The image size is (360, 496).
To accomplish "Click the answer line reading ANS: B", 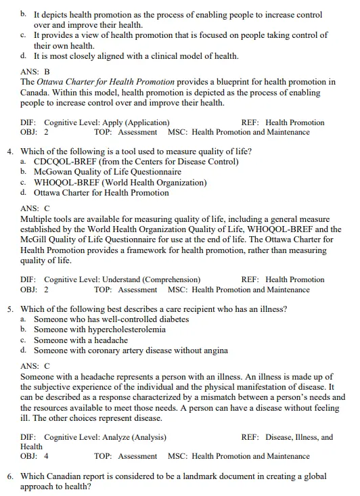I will point(35,71).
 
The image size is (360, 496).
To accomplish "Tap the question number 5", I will point(10,309).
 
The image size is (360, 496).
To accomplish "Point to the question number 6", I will point(10,477).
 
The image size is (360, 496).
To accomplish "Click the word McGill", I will point(36,240).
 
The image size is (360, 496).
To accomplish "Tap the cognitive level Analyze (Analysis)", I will point(124,437).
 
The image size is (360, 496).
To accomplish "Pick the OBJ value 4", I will point(46,456).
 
